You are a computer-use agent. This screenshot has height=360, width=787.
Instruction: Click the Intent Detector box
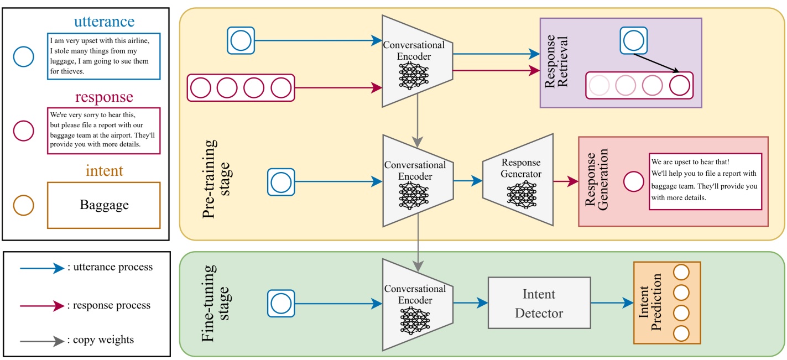(539, 303)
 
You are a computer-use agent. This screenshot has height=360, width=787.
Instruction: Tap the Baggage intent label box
(104, 205)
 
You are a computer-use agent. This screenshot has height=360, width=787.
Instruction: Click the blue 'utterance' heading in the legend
(104, 22)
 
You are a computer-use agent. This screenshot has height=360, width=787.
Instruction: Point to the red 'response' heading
(104, 97)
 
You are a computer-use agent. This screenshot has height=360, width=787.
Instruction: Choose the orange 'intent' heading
(104, 171)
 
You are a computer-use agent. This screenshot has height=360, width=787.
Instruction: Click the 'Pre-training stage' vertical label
(216, 179)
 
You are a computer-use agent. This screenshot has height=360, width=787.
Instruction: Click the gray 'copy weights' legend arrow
(42, 342)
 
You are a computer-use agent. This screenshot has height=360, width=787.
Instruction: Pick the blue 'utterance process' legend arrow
(42, 268)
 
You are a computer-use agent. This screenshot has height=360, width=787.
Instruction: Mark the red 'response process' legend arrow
(42, 305)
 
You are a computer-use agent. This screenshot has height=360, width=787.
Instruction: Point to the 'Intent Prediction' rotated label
(650, 302)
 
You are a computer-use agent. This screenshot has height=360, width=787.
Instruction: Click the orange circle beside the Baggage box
(24, 205)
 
